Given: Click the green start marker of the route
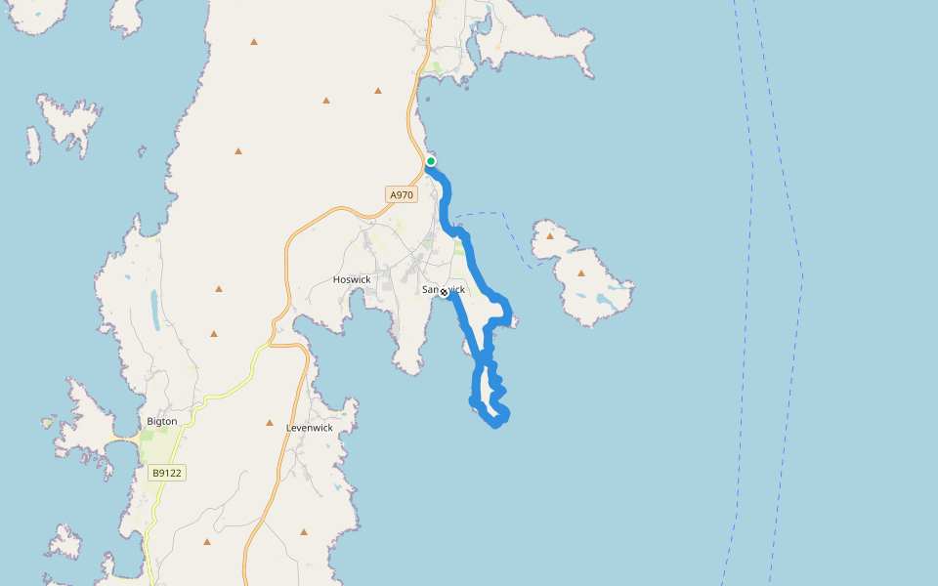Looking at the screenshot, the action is pyautogui.click(x=431, y=161).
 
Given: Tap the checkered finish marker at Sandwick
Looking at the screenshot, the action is pyautogui.click(x=444, y=292).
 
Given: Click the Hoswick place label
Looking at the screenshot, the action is pyautogui.click(x=352, y=279).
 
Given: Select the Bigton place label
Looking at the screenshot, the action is pyautogui.click(x=161, y=421).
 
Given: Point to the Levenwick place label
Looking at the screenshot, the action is pyautogui.click(x=309, y=428).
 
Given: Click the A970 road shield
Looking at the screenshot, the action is pyautogui.click(x=401, y=195).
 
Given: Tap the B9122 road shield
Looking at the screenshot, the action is pyautogui.click(x=167, y=473).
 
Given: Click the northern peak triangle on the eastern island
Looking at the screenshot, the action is pyautogui.click(x=550, y=235).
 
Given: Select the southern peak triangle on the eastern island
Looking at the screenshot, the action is pyautogui.click(x=581, y=273).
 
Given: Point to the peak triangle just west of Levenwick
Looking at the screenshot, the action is pyautogui.click(x=270, y=423).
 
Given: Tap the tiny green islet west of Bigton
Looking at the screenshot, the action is pyautogui.click(x=46, y=423).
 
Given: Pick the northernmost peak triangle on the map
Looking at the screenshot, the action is pyautogui.click(x=254, y=42).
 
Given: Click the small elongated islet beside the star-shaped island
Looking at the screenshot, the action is pyautogui.click(x=33, y=146).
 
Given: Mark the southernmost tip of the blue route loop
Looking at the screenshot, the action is pyautogui.click(x=496, y=425).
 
